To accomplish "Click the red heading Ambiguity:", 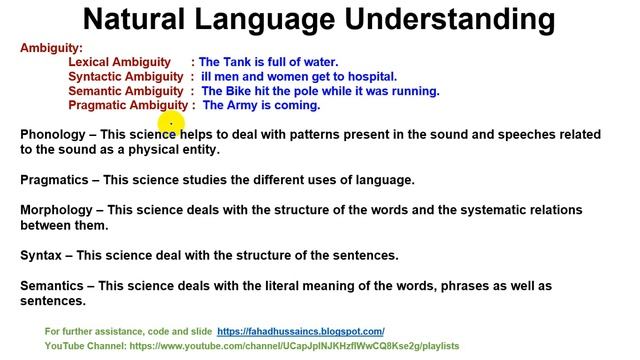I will [x=52, y=48].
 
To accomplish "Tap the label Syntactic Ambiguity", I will [x=126, y=77].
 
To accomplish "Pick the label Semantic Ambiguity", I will [x=126, y=91].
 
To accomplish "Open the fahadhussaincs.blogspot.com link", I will [x=300, y=331].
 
